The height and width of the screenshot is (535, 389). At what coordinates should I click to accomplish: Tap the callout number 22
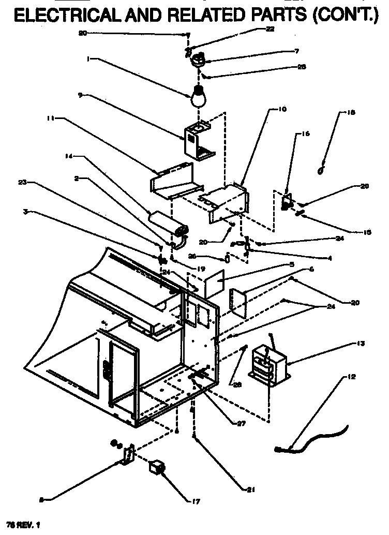(x=270, y=29)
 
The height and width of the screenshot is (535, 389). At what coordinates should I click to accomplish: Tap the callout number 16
(x=306, y=134)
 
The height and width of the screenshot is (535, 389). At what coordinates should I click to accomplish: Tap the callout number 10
(x=282, y=110)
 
